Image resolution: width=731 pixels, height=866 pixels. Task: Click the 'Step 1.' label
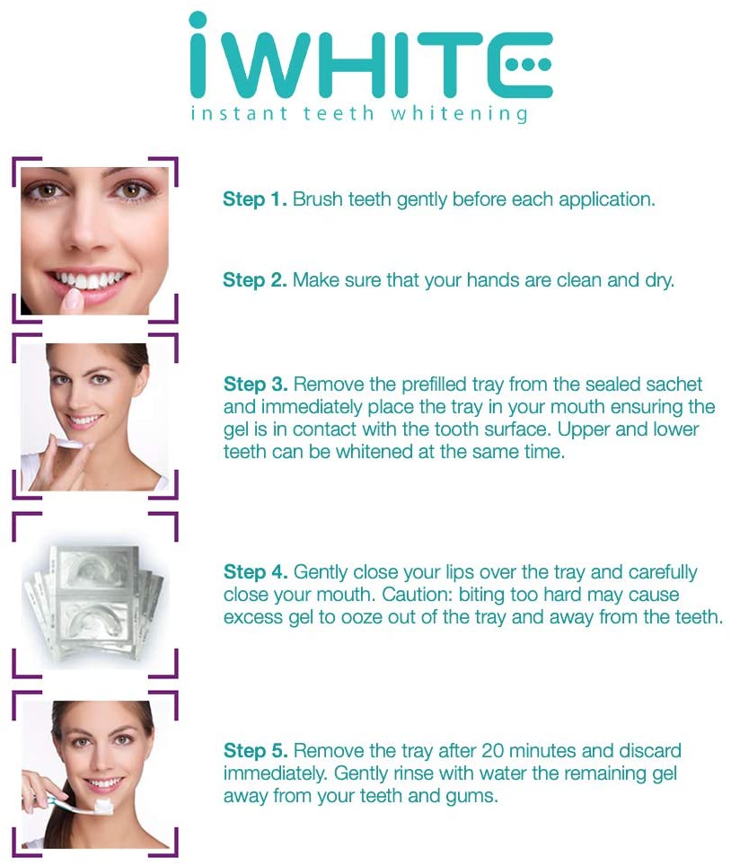(x=255, y=199)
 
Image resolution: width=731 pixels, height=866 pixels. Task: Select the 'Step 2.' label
(x=255, y=280)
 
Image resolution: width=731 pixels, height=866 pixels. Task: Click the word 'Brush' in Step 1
(x=317, y=199)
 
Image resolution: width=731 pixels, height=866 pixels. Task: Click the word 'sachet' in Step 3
(x=677, y=384)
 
